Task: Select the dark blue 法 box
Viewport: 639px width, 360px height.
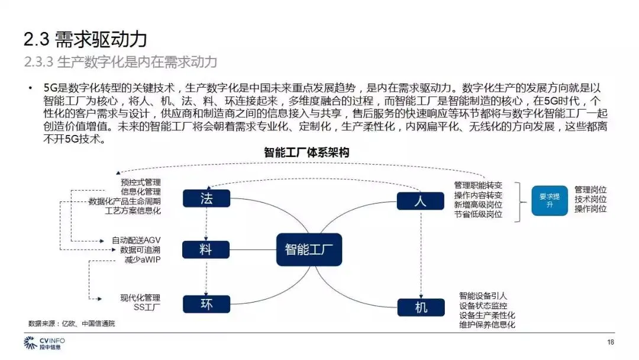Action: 206,198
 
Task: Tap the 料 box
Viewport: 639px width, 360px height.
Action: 206,249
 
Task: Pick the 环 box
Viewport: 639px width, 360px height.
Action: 206,304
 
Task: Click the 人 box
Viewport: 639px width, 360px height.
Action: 420,201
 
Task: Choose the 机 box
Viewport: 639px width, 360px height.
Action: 420,307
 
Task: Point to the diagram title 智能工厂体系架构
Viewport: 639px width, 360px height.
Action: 306,152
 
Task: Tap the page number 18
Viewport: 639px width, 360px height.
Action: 611,342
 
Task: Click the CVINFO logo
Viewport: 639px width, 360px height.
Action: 44,343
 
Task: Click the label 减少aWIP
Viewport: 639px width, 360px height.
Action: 142,259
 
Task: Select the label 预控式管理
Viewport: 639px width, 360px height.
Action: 140,182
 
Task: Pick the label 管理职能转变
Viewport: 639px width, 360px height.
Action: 478,185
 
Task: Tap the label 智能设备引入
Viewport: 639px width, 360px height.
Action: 483,295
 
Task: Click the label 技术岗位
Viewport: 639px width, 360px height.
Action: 590,200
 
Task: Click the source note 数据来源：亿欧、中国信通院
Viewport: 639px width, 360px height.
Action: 72,324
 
